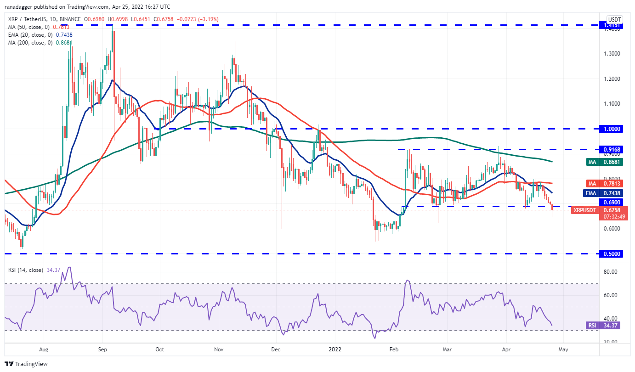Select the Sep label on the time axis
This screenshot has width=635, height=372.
point(103,349)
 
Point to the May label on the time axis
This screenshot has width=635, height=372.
point(563,349)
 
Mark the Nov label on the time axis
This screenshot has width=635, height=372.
point(219,349)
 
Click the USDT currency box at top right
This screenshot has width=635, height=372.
point(614,19)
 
